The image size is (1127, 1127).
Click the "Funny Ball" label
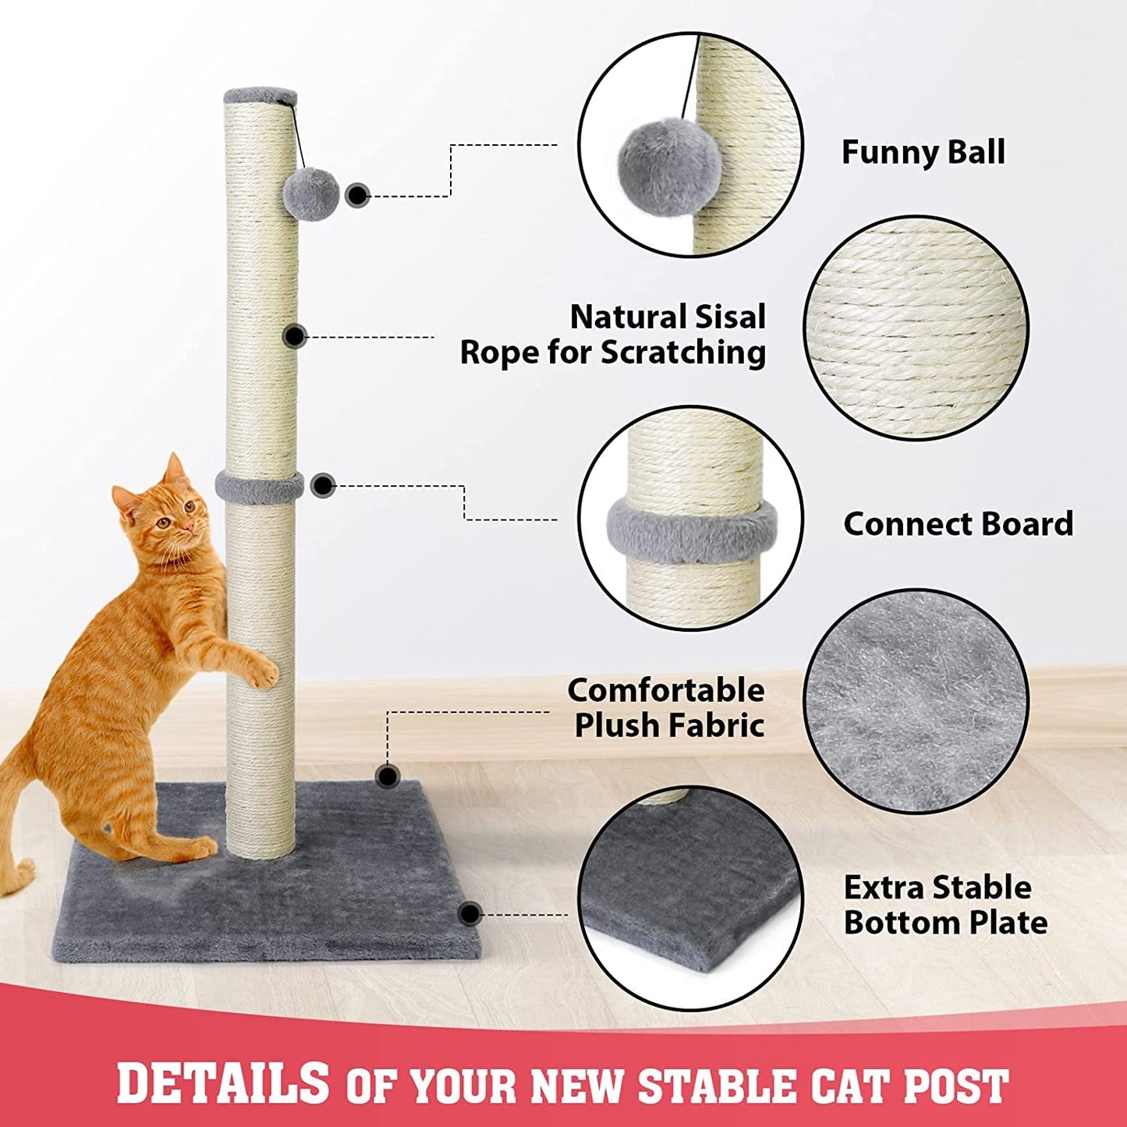point(923,152)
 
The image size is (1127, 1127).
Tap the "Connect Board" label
point(958,523)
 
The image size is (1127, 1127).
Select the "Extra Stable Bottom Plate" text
point(944,905)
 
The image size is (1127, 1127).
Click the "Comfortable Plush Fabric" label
point(667,707)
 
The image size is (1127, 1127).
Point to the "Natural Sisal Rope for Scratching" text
point(613,335)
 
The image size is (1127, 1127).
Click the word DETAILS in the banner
point(223,1083)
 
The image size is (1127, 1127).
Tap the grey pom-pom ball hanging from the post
point(311,193)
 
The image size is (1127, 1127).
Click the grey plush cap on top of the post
point(260,96)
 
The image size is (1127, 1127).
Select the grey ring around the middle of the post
point(260,487)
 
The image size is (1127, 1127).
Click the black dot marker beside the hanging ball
point(357,195)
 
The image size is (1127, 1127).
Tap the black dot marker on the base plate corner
point(470,914)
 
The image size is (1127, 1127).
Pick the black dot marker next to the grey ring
point(322,486)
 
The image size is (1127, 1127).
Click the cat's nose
point(190,528)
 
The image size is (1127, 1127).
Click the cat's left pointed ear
point(125,499)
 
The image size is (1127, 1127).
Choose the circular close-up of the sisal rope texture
point(916,328)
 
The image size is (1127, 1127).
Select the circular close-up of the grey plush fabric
point(916,700)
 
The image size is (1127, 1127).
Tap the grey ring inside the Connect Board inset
point(691,530)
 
